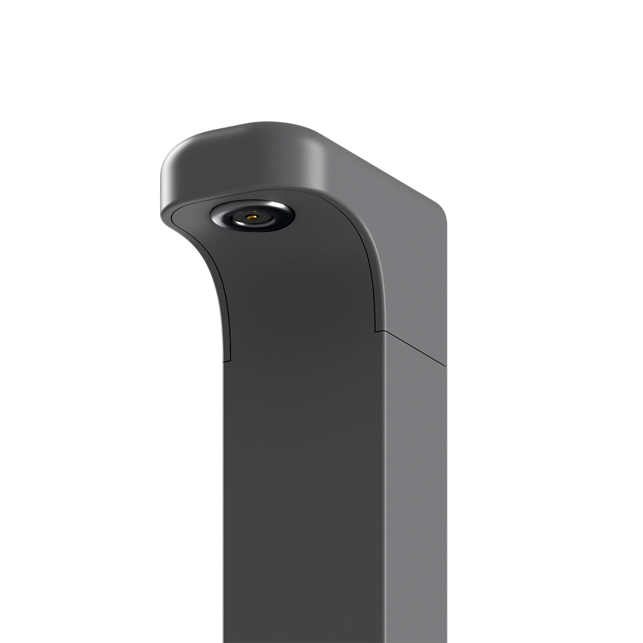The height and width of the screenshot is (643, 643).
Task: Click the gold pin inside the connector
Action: point(252,218)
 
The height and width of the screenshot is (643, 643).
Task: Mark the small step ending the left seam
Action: point(226,357)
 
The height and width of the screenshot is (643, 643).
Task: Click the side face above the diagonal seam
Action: point(413,268)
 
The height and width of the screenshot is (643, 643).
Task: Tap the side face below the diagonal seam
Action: point(415,482)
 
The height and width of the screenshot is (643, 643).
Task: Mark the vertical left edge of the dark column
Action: point(224,482)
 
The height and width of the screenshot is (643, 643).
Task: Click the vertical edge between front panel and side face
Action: point(384,482)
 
